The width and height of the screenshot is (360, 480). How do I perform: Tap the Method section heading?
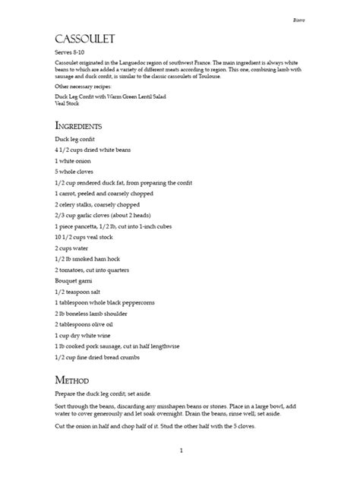pos(72,379)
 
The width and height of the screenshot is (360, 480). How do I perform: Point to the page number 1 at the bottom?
pos(182,450)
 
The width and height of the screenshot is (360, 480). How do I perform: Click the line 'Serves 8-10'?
pos(69,52)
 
